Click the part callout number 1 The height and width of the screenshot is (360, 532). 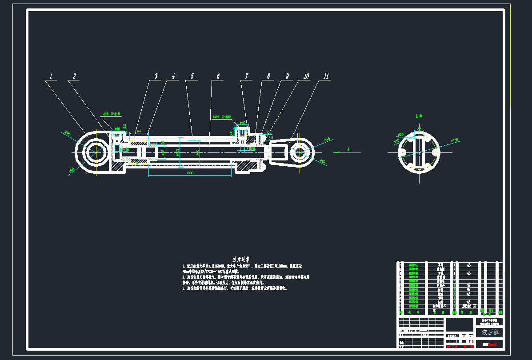51,76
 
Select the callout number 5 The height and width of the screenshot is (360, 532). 192,76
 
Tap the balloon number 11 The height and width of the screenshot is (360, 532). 326,76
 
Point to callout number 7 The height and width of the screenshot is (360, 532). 247,76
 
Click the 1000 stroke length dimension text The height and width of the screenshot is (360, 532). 190,173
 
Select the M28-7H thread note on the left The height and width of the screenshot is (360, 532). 112,114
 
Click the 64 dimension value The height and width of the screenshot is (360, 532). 139,131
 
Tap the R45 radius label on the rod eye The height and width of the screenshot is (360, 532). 327,139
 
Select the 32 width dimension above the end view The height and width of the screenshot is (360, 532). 419,129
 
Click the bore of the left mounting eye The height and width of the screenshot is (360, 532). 96,152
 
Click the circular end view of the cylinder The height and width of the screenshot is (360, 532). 418,152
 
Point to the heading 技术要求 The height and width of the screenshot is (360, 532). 241,259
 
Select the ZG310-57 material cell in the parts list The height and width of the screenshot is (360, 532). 468,306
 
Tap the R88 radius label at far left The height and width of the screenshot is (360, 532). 67,132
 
